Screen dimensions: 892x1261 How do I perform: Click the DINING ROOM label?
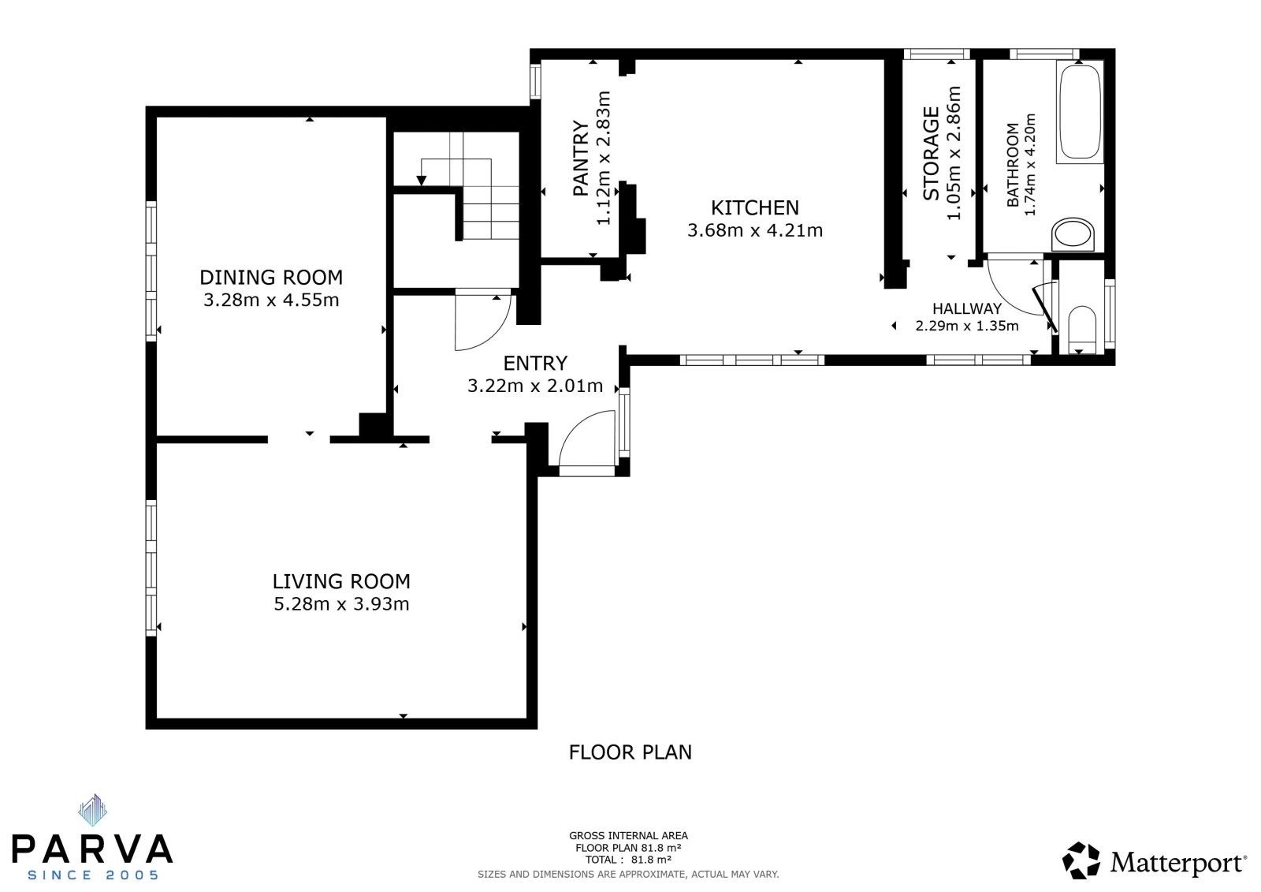point(270,278)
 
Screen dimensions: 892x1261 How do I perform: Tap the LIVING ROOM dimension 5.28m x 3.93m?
point(340,605)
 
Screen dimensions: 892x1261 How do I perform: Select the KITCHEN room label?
point(754,208)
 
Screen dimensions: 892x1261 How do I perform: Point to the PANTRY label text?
point(581,159)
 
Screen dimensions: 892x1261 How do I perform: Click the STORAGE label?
point(932,154)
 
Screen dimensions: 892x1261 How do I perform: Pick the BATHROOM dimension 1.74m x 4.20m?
point(1029,165)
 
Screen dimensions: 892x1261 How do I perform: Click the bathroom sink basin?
point(1073,235)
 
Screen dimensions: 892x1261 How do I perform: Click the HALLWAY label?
point(966,309)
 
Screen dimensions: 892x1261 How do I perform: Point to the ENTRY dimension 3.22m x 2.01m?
point(535,386)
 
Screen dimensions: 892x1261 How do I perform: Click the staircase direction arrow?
point(422,180)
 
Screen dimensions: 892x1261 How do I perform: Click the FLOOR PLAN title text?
point(630,752)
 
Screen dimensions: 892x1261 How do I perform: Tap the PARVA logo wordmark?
point(92,849)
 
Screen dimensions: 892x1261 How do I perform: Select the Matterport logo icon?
point(1081,860)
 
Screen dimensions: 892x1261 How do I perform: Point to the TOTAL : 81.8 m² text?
point(627,860)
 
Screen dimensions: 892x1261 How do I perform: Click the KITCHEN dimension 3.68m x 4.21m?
point(754,231)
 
